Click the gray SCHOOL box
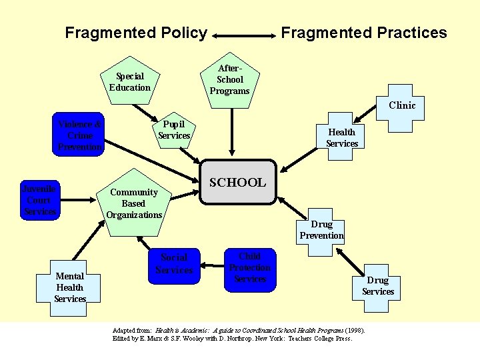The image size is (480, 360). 238,182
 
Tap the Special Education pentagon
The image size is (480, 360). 130,82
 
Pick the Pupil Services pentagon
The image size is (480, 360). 174,130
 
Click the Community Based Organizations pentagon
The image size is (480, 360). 134,203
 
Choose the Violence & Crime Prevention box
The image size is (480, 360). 80,135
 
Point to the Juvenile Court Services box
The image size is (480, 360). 39,199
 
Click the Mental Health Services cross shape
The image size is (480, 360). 70,287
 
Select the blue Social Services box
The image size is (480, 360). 174,264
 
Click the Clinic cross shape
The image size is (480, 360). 402,105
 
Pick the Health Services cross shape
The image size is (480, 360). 342,138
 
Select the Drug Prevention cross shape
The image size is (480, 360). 321,230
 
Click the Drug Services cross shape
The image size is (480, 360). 378,286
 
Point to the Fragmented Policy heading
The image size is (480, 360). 136,33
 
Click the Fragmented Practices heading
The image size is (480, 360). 364,33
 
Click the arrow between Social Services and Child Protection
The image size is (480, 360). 213,264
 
